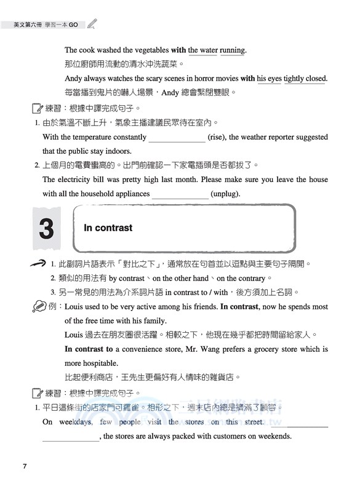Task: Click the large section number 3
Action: pyautogui.click(x=46, y=229)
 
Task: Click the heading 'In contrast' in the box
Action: pyautogui.click(x=108, y=228)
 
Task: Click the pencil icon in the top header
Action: pyautogui.click(x=92, y=25)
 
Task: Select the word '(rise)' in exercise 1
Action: pyautogui.click(x=218, y=137)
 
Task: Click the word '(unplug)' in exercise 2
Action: pyautogui.click(x=225, y=194)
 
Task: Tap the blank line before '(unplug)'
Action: pyautogui.click(x=180, y=195)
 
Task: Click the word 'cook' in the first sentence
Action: pyautogui.click(x=87, y=50)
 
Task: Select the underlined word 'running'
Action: pyautogui.click(x=233, y=50)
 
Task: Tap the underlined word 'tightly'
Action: pyautogui.click(x=294, y=79)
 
